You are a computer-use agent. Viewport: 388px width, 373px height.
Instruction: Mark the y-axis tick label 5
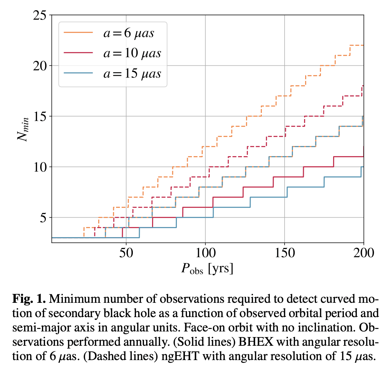[x=43, y=218]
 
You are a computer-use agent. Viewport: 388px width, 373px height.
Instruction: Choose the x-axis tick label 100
[x=205, y=253]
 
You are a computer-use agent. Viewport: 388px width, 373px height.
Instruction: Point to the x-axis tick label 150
[x=285, y=253]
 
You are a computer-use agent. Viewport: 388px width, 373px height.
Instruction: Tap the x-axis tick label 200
[x=364, y=253]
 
